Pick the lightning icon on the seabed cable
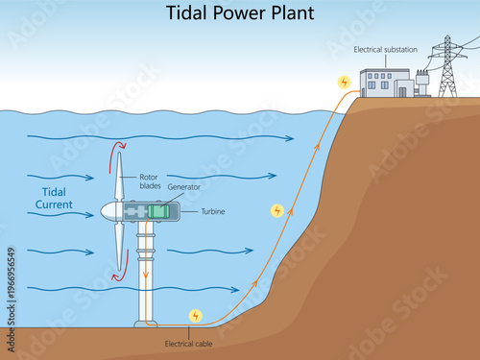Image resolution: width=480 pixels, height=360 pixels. pyautogui.click(x=196, y=315)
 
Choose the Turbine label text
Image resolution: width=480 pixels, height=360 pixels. pyautogui.click(x=212, y=211)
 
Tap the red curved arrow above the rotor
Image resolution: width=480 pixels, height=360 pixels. pyautogui.click(x=119, y=146)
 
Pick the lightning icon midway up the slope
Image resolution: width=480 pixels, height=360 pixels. pyautogui.click(x=277, y=209)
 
